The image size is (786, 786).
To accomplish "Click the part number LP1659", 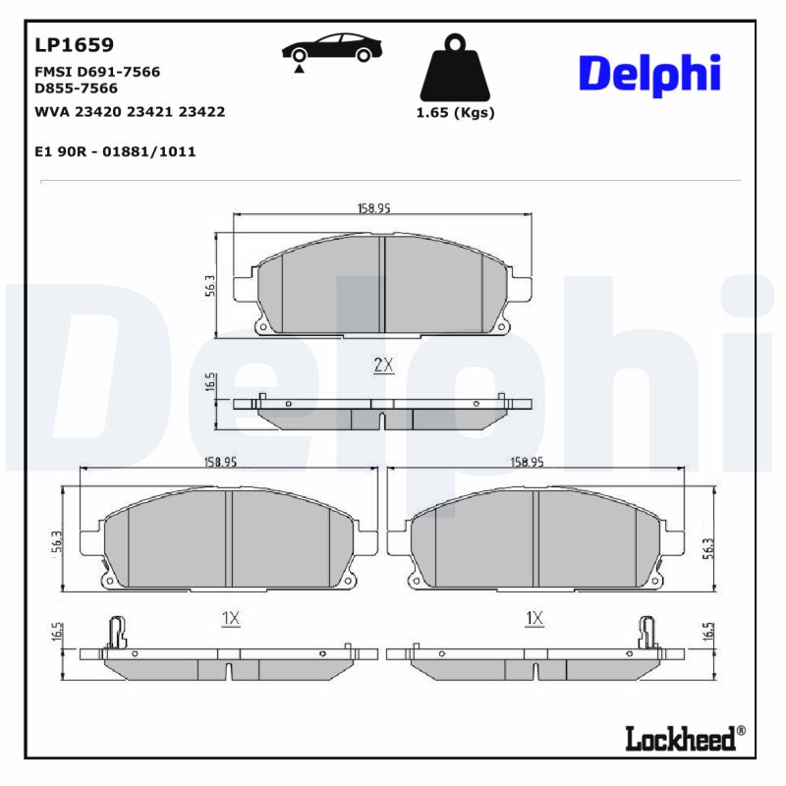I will click(75, 45).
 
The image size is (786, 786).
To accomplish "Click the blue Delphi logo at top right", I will click(649, 75).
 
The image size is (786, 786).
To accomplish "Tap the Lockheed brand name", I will click(680, 738).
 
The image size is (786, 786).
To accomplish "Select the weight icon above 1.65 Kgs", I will click(454, 68).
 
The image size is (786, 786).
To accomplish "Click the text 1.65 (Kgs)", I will click(455, 112).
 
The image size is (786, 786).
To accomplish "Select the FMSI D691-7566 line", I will click(97, 72).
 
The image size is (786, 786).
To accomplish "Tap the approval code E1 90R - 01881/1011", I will click(115, 151).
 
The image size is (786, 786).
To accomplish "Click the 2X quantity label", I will click(383, 365).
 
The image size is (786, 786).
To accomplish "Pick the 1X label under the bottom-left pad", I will click(230, 618).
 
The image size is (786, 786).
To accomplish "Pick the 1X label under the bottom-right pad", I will click(534, 618).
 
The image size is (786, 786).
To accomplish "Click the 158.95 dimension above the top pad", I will click(373, 208).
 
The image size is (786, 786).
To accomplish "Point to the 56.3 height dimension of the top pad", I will click(209, 285).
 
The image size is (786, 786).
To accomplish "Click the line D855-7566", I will click(76, 87).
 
